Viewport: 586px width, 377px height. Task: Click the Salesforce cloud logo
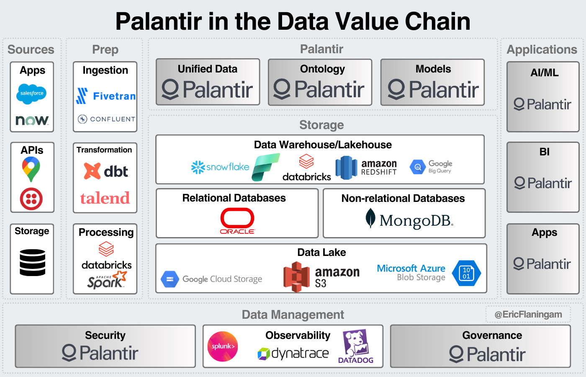pyautogui.click(x=32, y=93)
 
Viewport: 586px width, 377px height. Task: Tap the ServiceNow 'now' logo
pyautogui.click(x=32, y=120)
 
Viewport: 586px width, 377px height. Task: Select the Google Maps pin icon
pyautogui.click(x=31, y=168)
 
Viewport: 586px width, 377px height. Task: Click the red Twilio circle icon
pyautogui.click(x=31, y=199)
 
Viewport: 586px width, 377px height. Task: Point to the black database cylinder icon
pyautogui.click(x=32, y=263)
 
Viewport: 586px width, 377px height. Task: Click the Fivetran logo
pyautogui.click(x=106, y=96)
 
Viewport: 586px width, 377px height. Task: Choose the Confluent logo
pyautogui.click(x=107, y=119)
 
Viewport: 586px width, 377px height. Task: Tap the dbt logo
pyautogui.click(x=106, y=171)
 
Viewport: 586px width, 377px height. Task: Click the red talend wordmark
pyautogui.click(x=105, y=198)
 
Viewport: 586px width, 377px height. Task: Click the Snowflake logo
pyautogui.click(x=220, y=167)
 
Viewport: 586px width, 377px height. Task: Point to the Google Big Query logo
pyautogui.click(x=431, y=167)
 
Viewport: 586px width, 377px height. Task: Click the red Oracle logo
pyautogui.click(x=237, y=221)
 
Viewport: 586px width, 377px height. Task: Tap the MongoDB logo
pyautogui.click(x=410, y=220)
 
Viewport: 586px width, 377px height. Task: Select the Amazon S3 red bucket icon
pyautogui.click(x=296, y=276)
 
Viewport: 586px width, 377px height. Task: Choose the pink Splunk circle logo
pyautogui.click(x=223, y=346)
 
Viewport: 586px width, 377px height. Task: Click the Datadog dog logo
pyautogui.click(x=356, y=346)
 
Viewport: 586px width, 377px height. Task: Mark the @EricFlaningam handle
pyautogui.click(x=528, y=315)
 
